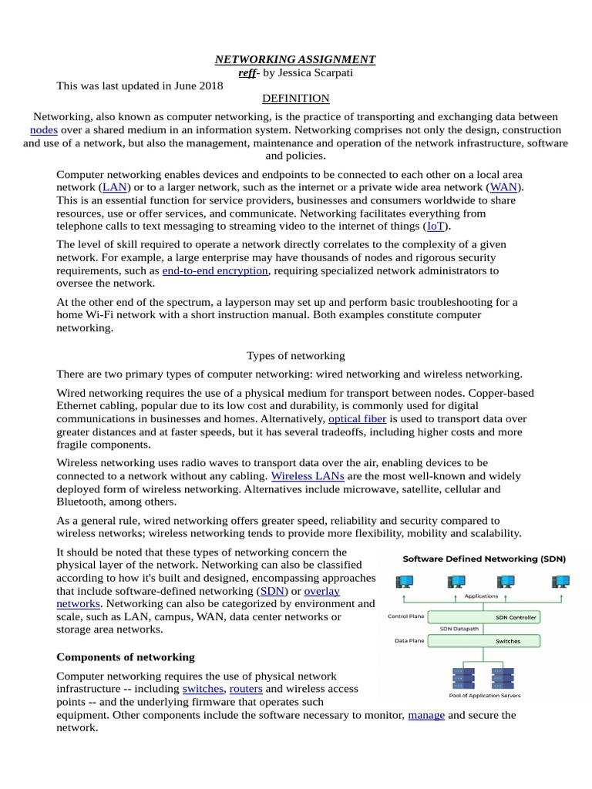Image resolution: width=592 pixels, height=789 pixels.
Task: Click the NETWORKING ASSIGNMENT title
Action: pos(295,59)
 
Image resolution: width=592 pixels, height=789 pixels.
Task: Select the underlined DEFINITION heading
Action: pos(295,99)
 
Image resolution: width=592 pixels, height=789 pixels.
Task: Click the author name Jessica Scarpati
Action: pos(308,72)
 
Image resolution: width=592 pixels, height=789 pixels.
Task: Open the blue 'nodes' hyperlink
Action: pos(44,130)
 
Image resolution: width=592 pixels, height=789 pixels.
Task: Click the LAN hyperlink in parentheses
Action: pos(115,187)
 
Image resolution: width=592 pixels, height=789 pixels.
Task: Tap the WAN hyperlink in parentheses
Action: pos(503,187)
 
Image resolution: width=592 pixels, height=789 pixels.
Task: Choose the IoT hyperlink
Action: pos(436,227)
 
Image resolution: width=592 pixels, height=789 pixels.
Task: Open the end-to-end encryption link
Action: pos(215,271)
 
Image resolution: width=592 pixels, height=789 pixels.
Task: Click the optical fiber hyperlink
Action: pos(357,419)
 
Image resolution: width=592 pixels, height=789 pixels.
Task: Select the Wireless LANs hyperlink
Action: pos(297,476)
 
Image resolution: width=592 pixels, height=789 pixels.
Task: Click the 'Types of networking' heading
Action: pos(295,356)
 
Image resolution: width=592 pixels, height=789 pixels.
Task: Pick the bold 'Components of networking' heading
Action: pos(126,657)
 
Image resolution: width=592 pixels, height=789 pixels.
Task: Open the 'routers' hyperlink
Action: pos(246,689)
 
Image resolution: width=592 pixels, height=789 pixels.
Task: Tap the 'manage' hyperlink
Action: pos(426,715)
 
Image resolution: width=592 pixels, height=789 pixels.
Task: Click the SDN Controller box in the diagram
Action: pos(516,617)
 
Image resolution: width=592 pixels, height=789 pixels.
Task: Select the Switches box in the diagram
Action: pos(507,640)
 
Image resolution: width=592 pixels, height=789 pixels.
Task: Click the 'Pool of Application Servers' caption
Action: pos(484,695)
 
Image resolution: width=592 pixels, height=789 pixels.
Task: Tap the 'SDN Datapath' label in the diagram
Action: pos(458,629)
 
